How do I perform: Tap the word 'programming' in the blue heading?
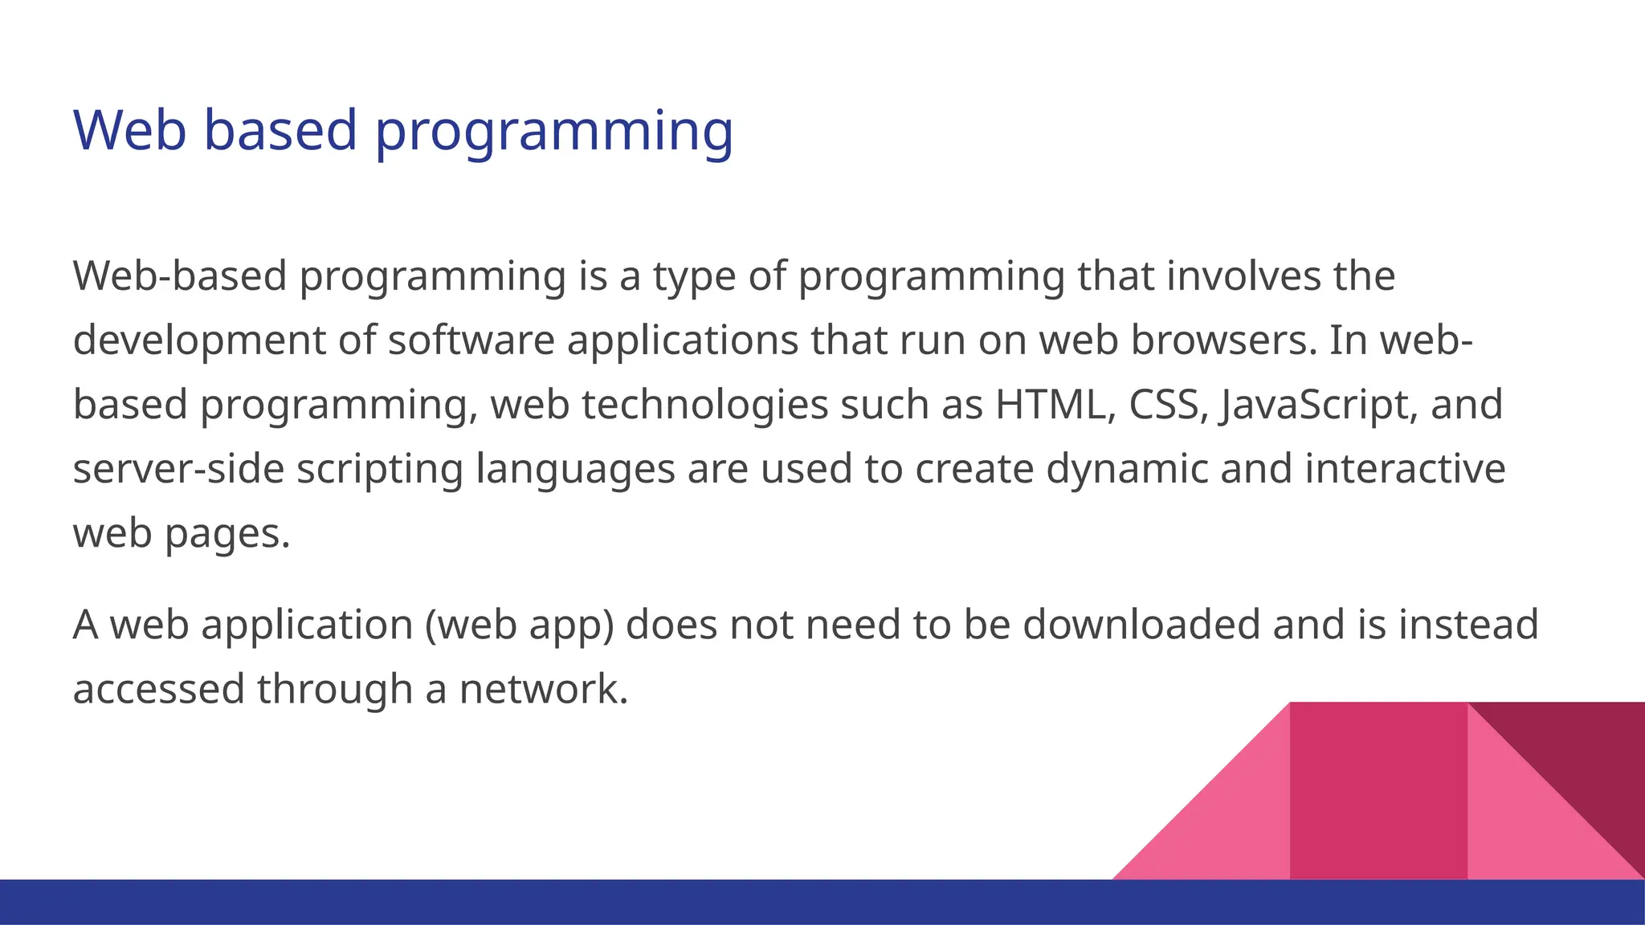click(554, 132)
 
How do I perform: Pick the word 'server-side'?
click(178, 469)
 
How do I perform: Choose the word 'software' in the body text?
click(471, 340)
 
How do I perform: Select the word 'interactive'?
click(1405, 469)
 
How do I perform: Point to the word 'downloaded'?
click(1141, 625)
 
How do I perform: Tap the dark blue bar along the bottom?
click(562, 903)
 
